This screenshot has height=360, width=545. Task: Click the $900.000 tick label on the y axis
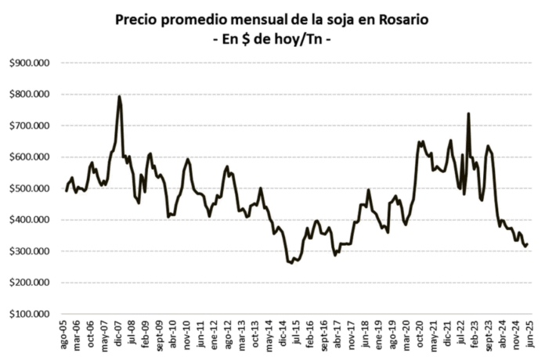tap(29, 63)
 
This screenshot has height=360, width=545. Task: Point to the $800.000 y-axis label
tap(29, 94)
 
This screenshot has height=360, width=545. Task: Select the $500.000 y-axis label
tap(29, 188)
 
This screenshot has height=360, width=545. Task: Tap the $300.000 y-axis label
tap(29, 251)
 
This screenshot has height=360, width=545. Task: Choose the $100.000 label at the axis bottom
tap(29, 314)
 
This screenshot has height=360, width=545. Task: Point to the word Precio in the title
tap(139, 19)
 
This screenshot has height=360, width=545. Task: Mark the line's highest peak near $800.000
tap(119, 96)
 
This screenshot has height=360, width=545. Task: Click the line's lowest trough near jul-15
tap(291, 263)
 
